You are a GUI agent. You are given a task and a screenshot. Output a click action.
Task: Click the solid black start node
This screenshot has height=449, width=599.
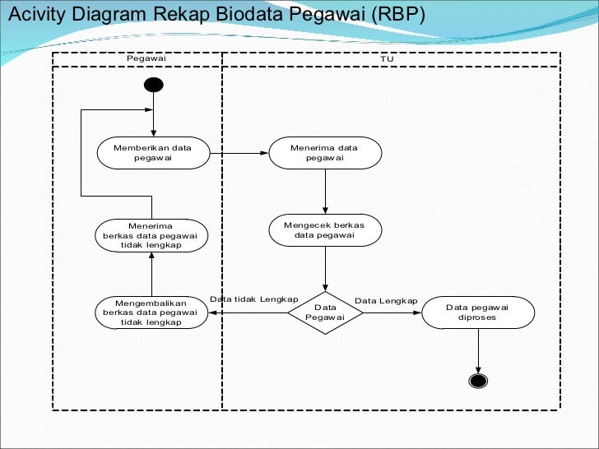coord(153,85)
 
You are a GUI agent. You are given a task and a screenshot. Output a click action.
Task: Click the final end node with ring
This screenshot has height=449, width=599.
coord(477,380)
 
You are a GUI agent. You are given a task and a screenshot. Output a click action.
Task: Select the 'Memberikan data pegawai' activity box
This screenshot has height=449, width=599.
coord(153,153)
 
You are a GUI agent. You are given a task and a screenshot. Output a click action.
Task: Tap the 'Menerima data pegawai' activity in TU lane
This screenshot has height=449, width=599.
coord(325,153)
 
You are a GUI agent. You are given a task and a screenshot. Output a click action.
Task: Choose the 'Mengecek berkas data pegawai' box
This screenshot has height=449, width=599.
coord(325,229)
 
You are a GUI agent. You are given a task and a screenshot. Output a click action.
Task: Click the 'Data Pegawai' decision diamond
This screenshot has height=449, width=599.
coord(325,312)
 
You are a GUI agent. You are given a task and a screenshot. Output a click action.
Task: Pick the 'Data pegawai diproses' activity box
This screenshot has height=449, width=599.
coord(477,312)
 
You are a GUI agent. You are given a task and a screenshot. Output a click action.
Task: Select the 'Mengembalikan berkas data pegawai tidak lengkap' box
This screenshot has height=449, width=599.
coord(151,312)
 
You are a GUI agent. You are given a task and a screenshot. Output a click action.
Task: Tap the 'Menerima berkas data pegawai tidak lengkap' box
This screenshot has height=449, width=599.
coord(151,235)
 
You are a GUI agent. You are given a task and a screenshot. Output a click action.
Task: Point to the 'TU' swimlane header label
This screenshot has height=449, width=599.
coord(388,59)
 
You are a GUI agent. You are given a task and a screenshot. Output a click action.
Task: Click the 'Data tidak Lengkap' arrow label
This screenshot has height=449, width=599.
coord(253,299)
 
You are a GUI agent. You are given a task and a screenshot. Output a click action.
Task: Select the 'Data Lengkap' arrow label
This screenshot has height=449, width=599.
coord(386,301)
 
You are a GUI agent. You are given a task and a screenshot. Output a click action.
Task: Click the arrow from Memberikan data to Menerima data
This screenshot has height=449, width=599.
coord(239,153)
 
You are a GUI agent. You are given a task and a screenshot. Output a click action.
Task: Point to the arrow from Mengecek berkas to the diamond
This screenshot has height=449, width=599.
coord(326,267)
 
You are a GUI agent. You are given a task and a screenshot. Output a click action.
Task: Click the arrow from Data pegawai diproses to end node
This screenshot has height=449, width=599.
coord(477,349)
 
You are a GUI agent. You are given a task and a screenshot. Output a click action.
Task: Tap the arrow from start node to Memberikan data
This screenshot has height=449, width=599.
coord(153,113)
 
